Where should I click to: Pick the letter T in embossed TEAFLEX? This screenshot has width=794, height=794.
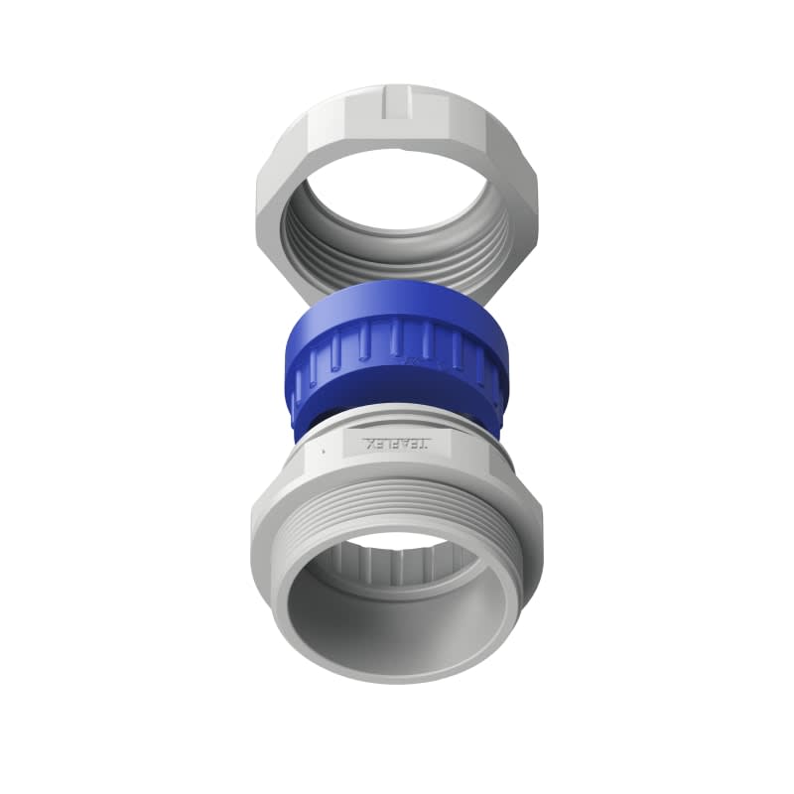pos(426,444)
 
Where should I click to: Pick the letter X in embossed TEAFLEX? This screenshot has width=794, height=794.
pos(369,444)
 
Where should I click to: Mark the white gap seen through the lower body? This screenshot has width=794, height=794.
pos(397,540)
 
